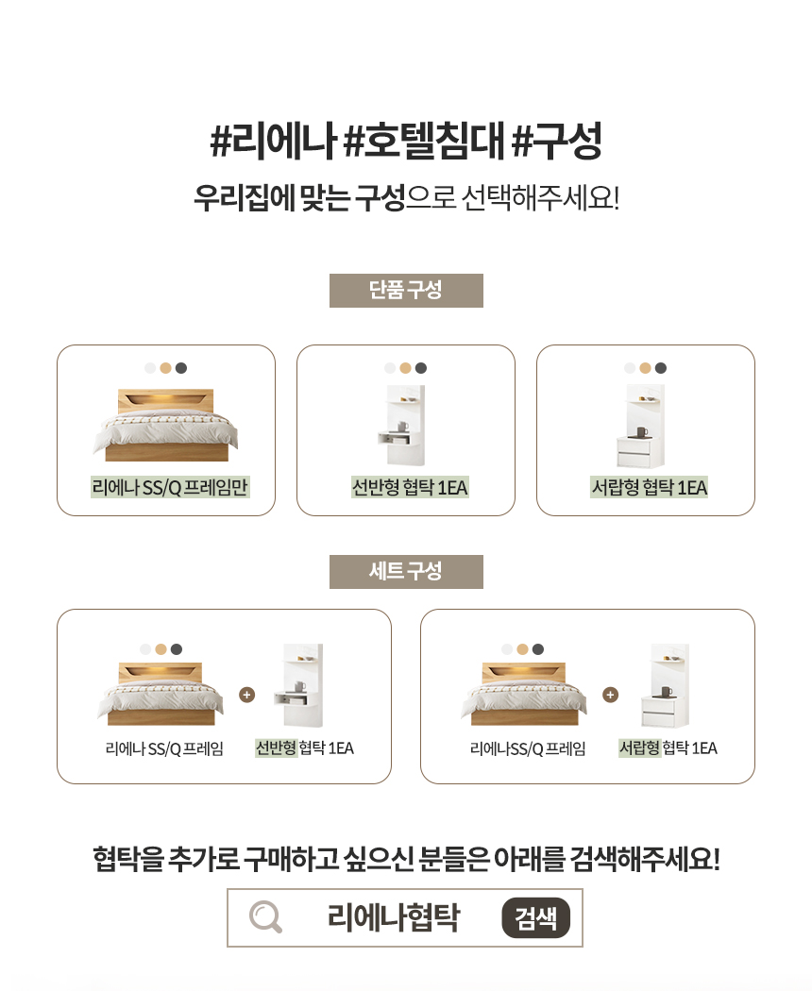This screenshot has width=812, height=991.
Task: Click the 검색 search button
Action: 535,917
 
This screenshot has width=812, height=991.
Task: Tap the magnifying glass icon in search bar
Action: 265,917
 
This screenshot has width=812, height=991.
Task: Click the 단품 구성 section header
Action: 406,290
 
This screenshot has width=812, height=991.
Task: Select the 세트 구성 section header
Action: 406,571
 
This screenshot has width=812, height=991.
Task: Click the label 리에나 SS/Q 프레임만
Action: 170,487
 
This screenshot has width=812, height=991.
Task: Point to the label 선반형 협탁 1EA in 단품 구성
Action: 410,487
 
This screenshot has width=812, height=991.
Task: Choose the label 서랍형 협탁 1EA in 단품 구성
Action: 650,487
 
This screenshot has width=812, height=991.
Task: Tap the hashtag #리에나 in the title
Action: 272,143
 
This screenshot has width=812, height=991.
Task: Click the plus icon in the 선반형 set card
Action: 247,695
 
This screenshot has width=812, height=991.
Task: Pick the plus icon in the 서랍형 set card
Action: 611,695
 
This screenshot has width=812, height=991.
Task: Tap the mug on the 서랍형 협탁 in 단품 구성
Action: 642,432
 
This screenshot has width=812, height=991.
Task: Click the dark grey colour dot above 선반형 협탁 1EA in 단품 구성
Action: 421,368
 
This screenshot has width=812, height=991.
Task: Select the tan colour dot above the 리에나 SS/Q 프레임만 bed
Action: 165,368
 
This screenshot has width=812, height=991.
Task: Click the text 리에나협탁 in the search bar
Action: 394,917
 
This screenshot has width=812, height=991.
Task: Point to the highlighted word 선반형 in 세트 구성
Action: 276,748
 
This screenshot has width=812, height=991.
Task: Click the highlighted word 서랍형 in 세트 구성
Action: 639,748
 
